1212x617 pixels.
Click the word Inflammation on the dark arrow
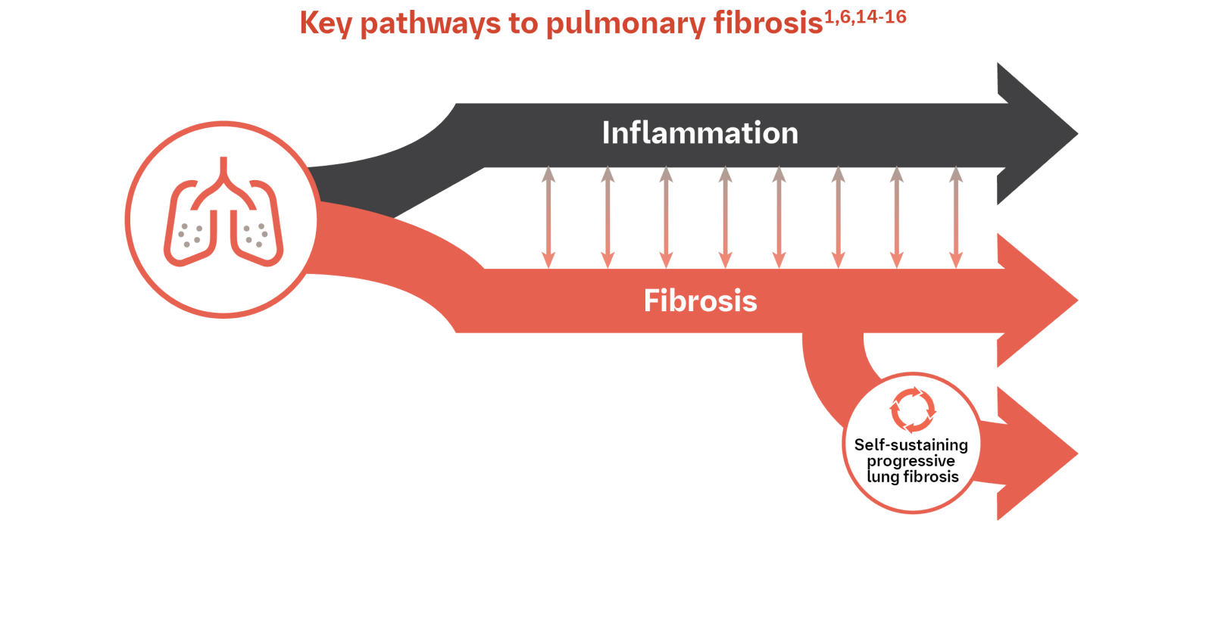click(700, 133)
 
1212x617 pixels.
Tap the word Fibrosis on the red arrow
click(700, 301)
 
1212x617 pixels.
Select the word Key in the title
click(326, 23)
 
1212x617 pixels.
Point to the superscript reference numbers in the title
click(865, 17)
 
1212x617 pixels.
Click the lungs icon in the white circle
click(223, 216)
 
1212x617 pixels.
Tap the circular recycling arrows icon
click(912, 410)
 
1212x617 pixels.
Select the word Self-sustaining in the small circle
click(911, 444)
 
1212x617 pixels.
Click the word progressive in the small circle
click(911, 461)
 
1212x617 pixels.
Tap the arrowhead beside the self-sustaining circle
click(1060, 454)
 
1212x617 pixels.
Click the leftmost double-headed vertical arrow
click(548, 218)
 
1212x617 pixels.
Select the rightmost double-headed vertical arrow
click(956, 218)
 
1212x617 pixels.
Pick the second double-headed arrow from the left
click(608, 218)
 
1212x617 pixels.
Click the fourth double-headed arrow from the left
click(725, 218)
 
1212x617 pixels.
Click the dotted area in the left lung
click(189, 235)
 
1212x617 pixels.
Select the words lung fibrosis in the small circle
click(912, 477)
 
